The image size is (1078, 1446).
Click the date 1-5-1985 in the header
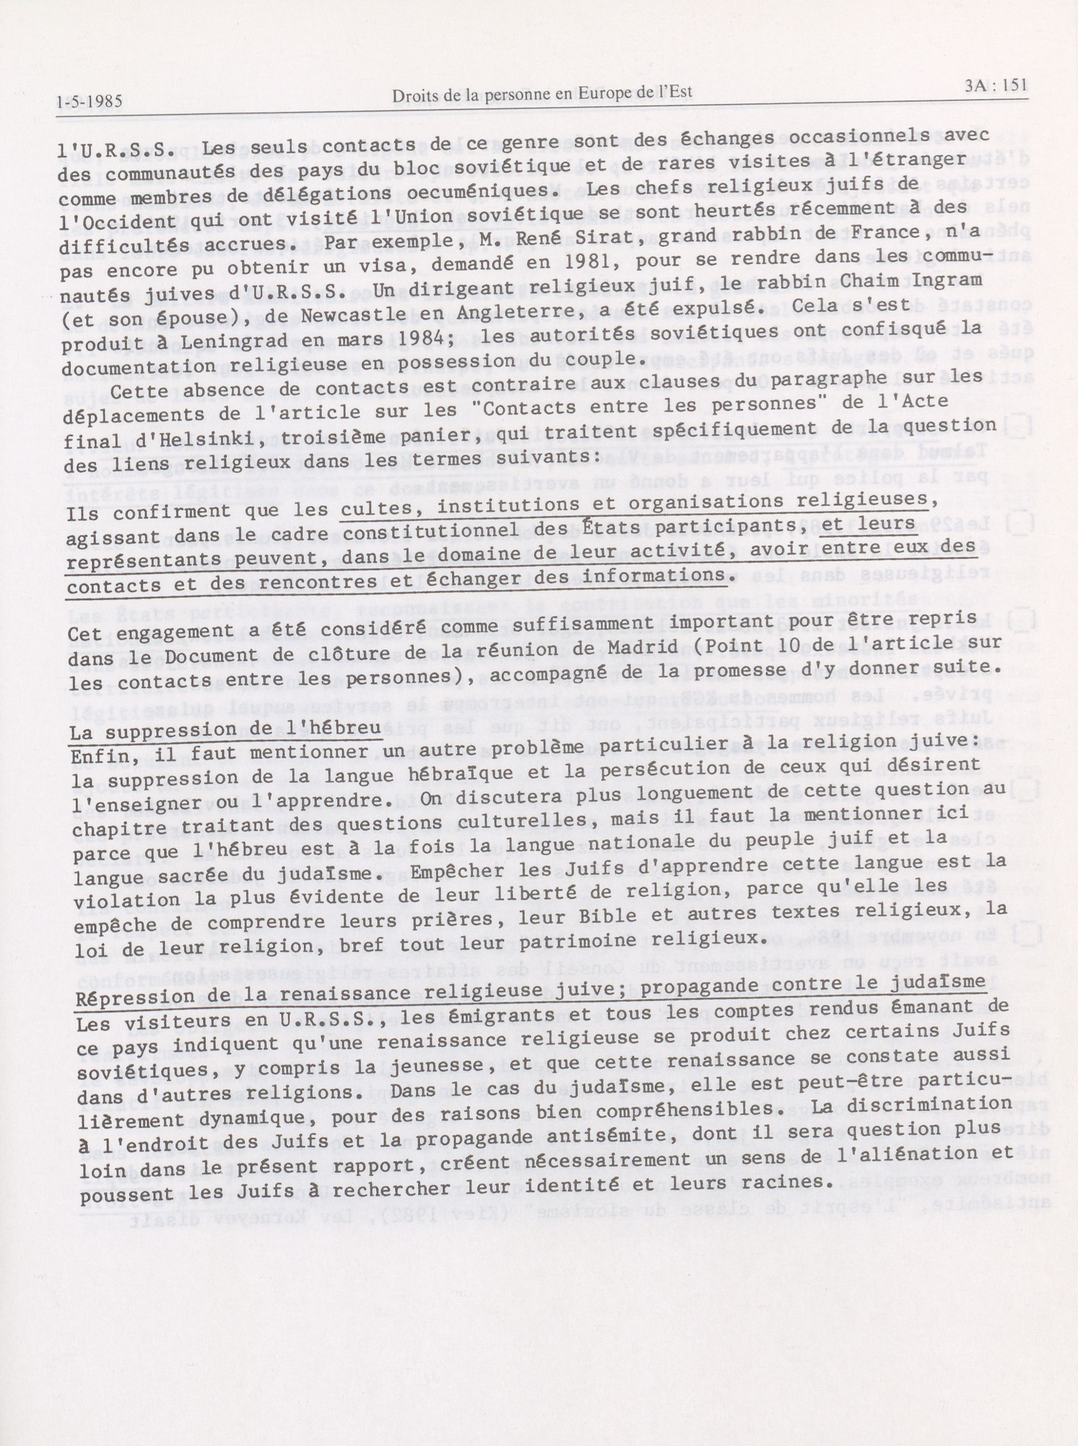pyautogui.click(x=89, y=102)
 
